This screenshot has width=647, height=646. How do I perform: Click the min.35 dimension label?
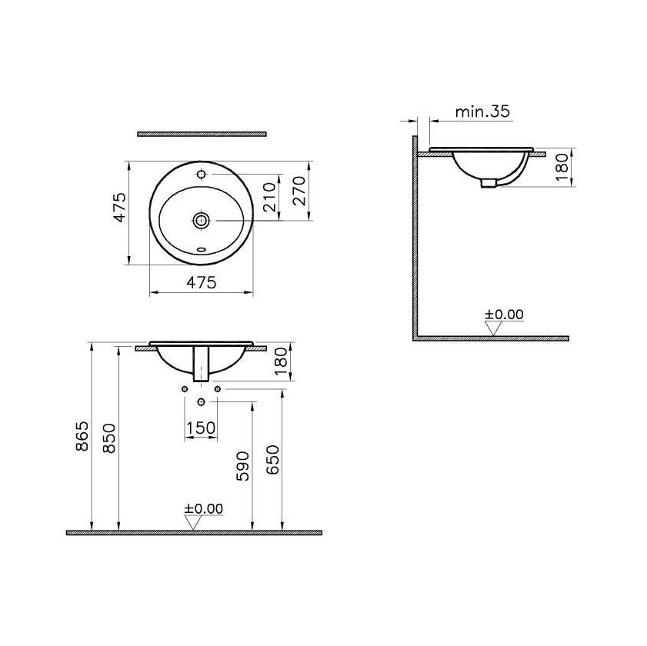point(482,112)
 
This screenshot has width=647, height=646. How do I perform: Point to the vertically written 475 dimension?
point(119,208)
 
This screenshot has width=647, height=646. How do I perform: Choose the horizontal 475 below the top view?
point(202,282)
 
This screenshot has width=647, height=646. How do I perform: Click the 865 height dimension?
point(82,437)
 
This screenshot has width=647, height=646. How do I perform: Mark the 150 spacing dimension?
point(201,428)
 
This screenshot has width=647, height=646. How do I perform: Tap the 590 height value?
point(242,467)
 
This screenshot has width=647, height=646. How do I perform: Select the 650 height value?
point(273,460)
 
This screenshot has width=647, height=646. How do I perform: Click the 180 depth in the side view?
point(561,166)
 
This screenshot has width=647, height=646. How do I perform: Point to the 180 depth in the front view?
point(281,361)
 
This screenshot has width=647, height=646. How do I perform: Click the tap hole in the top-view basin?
point(202,175)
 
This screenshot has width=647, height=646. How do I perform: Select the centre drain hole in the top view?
point(202,221)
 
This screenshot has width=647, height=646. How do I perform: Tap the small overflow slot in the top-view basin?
point(202,249)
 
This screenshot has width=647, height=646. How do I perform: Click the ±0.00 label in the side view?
point(504,315)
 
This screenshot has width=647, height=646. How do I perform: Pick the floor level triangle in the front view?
point(192,523)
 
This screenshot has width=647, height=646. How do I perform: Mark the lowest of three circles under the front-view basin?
point(202,402)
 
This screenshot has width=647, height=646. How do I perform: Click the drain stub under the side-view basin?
point(489,182)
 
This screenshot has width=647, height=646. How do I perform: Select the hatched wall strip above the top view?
point(202,134)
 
